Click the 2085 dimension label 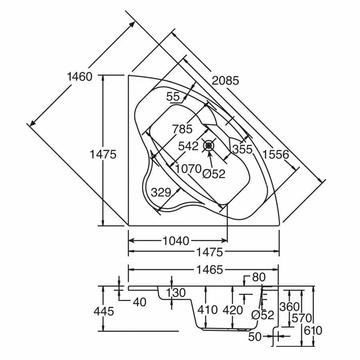[x=225, y=81]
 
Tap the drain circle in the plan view [x=209, y=146]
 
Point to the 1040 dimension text [x=176, y=241]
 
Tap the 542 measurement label [x=188, y=146]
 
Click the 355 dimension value [x=242, y=149]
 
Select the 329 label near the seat [x=161, y=192]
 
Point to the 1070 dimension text [x=188, y=169]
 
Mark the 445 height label [x=104, y=311]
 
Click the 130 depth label [x=176, y=293]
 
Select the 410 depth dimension [x=207, y=310]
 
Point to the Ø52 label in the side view [x=262, y=315]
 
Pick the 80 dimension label [x=259, y=277]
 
